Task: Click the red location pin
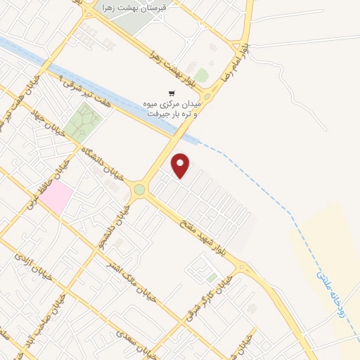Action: (x=181, y=165)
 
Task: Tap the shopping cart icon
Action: (x=171, y=93)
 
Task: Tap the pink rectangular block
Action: (x=56, y=196)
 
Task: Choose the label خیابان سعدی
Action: (x=141, y=340)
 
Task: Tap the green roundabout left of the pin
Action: (x=140, y=189)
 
